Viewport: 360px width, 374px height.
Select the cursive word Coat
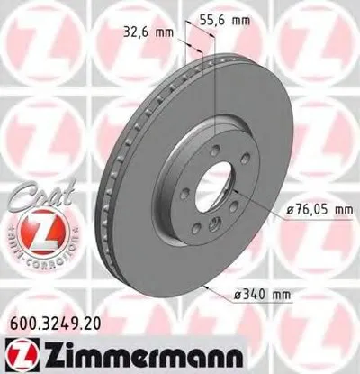(x=41, y=186)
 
